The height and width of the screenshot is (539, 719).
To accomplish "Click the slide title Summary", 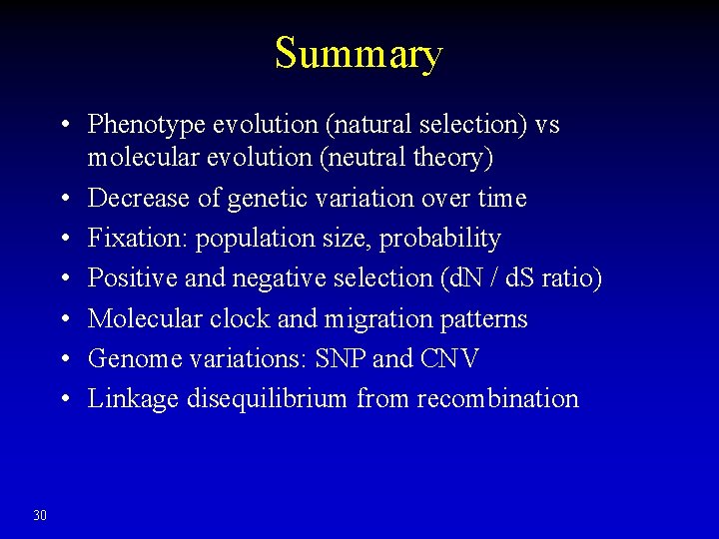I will coord(359,53).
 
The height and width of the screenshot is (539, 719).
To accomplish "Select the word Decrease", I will coord(135,199).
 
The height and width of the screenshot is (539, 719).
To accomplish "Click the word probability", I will coord(447,240).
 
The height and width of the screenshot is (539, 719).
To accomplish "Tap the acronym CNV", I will coord(449,359).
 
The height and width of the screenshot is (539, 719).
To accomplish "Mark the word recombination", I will coord(497,399).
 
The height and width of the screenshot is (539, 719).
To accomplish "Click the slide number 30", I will coord(40,515).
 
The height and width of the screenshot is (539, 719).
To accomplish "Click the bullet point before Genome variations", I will coord(64,359).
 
